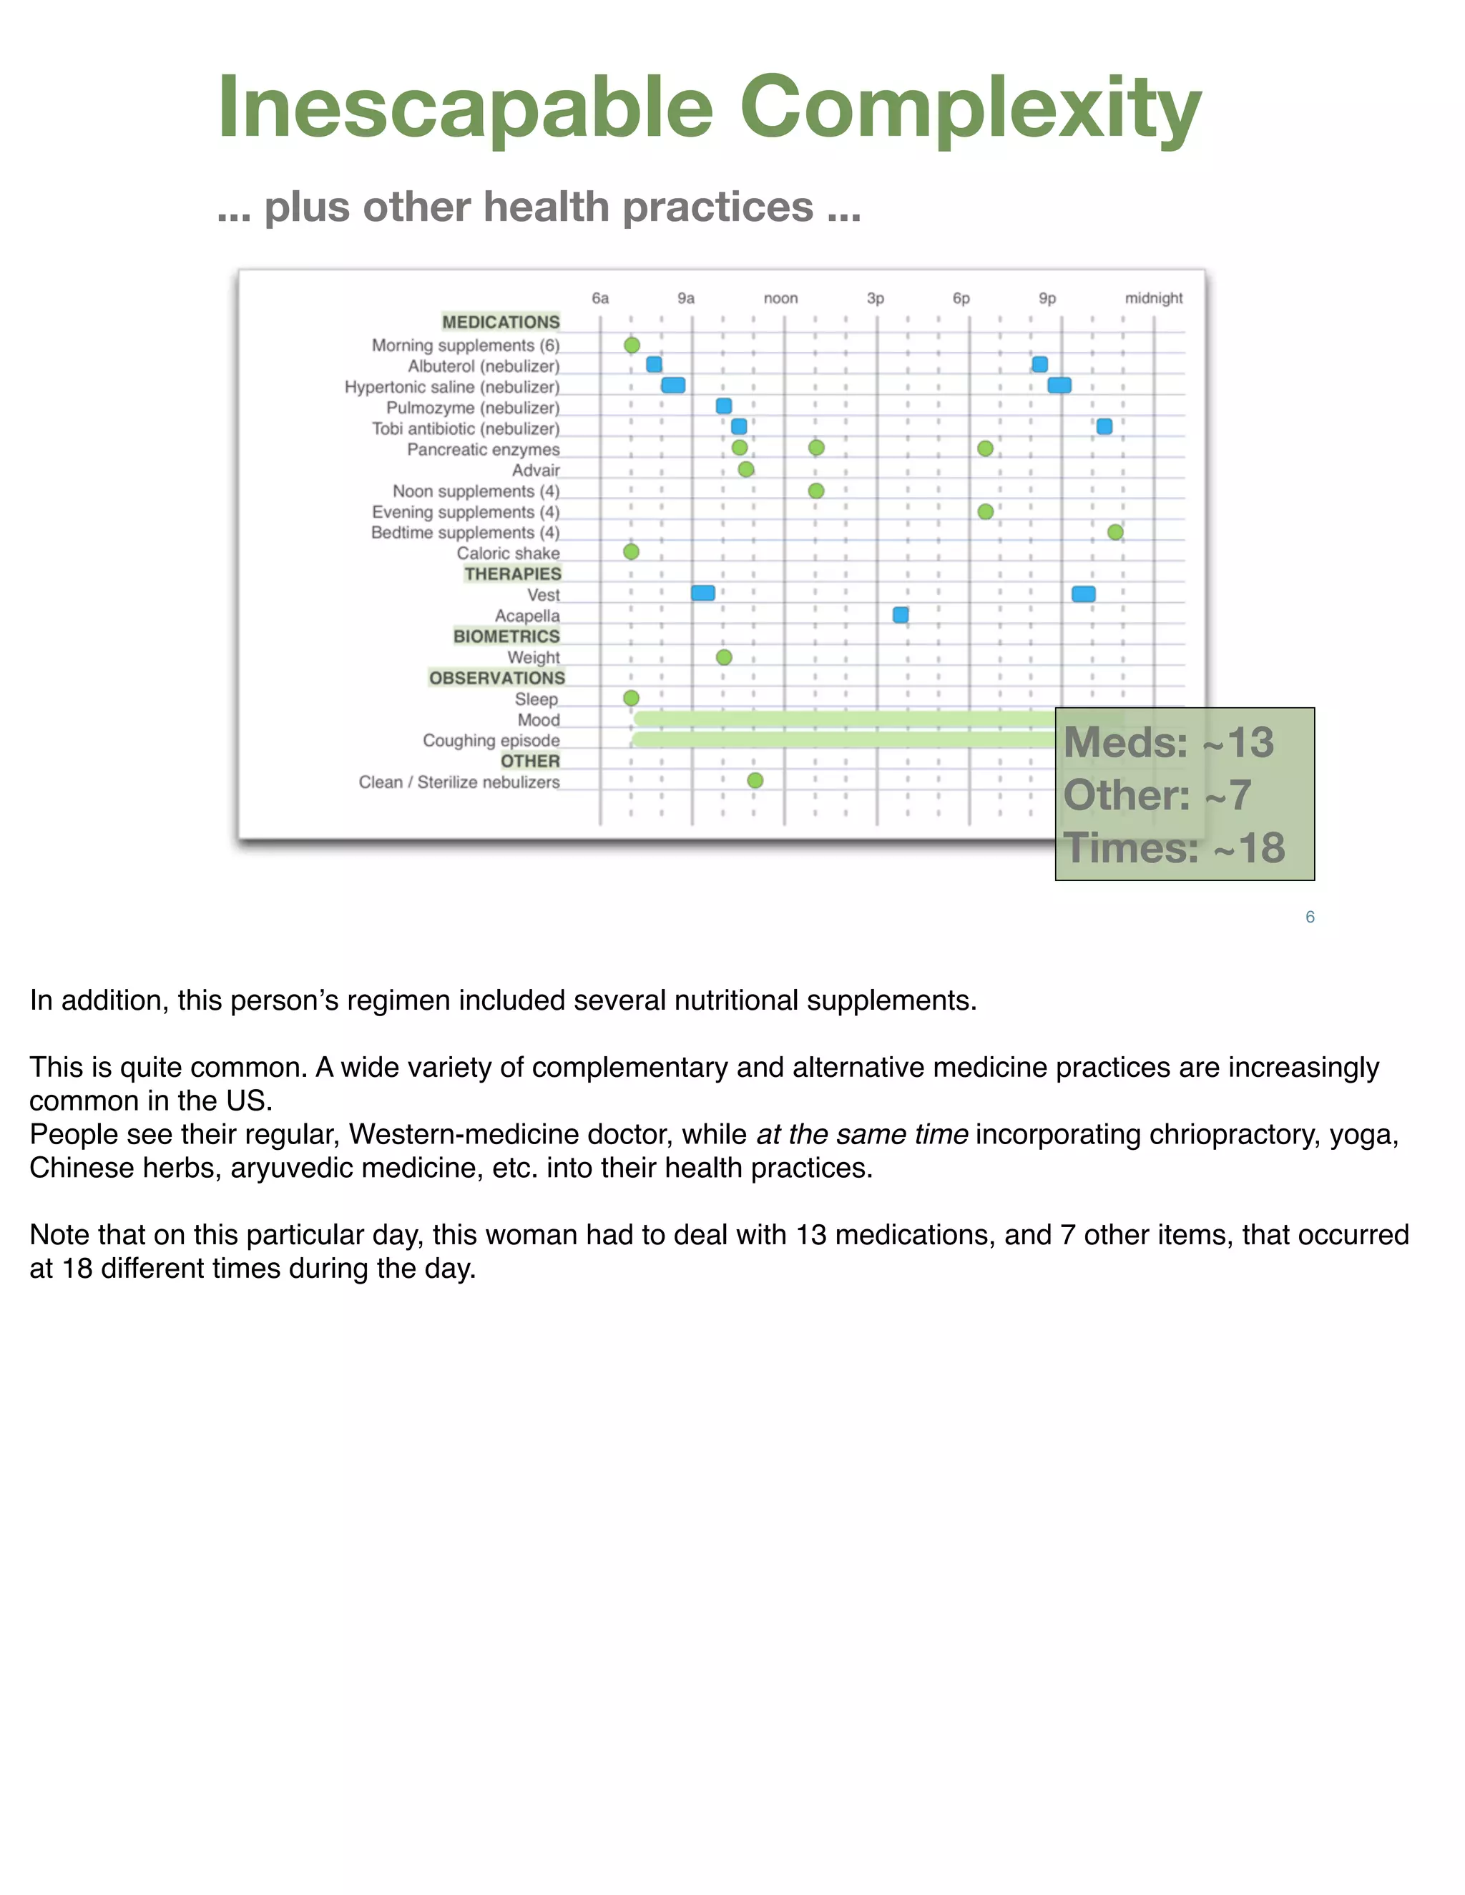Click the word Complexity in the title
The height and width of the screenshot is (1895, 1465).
969,109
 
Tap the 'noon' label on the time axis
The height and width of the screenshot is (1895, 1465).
780,298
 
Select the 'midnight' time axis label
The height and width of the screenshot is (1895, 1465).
1153,298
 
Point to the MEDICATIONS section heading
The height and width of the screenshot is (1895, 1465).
501,322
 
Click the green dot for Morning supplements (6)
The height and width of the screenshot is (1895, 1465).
632,345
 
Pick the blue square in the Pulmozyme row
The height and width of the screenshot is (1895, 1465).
724,406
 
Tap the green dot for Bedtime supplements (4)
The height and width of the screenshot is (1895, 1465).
1115,532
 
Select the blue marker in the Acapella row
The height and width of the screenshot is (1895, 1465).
901,615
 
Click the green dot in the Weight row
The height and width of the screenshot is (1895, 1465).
724,658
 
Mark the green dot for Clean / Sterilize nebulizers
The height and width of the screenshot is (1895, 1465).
755,781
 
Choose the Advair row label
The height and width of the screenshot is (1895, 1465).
536,471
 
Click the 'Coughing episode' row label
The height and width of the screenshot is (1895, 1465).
491,740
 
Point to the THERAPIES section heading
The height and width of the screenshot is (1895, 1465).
512,574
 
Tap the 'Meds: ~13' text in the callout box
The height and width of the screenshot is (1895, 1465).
1168,743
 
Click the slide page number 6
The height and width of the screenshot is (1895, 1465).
1310,917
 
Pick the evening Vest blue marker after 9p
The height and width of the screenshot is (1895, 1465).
1083,594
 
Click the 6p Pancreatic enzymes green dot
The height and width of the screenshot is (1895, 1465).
985,448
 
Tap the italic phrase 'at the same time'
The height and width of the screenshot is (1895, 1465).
862,1134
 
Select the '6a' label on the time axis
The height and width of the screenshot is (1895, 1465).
599,298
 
